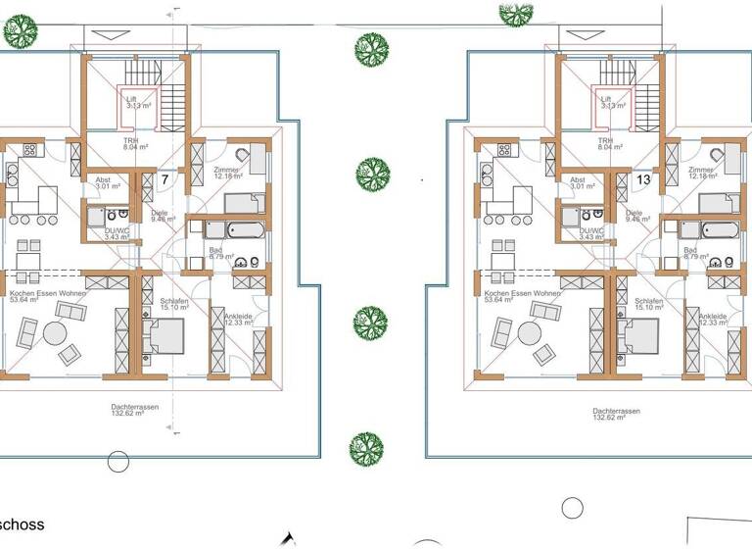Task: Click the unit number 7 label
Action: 166,180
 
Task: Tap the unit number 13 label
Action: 643,180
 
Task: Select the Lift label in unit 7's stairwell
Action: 132,99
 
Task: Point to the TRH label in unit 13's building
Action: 606,140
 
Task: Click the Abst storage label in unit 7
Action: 103,180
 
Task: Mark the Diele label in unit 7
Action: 161,213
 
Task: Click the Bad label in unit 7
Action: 215,251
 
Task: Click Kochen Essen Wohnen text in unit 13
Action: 520,293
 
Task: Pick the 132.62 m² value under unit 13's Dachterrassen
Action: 615,419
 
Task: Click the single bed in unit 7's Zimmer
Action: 242,203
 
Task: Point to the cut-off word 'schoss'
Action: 22,525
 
